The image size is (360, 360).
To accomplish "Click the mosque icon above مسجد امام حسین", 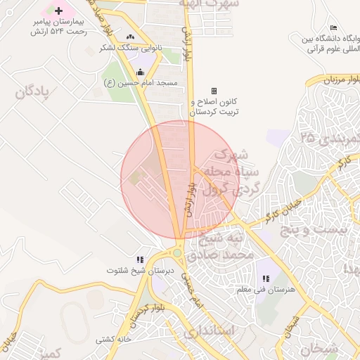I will (x=140, y=72).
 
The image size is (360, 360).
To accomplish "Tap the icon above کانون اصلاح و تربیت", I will (x=214, y=91).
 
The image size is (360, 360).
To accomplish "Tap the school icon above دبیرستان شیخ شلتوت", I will (x=140, y=259).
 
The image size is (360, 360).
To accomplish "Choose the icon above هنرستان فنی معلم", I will (x=265, y=278).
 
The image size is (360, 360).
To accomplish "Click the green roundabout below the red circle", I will (x=177, y=252).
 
